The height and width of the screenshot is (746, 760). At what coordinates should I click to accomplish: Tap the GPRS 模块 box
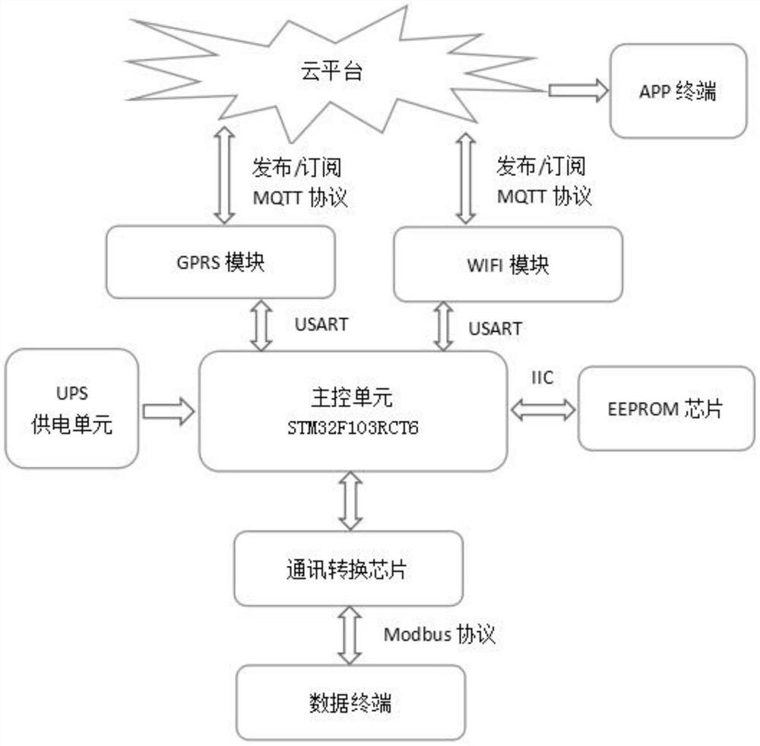coord(220,263)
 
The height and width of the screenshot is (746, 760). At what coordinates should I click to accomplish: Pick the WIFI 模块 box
coord(508,265)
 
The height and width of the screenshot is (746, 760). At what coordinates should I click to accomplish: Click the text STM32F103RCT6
coord(353,428)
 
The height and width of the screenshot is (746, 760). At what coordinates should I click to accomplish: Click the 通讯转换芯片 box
coord(349,569)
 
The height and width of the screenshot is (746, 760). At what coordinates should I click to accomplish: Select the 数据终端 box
coord(350,703)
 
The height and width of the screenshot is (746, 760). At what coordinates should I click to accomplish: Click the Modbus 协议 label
coord(440,634)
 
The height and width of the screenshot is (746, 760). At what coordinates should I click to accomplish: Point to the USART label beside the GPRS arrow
coord(321,324)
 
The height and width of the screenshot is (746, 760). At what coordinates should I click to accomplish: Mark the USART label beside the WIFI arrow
coord(495,328)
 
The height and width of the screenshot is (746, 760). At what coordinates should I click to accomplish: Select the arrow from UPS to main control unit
coord(168,411)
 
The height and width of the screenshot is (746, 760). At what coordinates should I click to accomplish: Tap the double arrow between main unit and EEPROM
coord(543,410)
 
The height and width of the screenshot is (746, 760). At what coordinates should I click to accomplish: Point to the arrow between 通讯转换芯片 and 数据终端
coord(350,635)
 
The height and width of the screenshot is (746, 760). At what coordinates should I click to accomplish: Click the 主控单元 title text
coord(353,398)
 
